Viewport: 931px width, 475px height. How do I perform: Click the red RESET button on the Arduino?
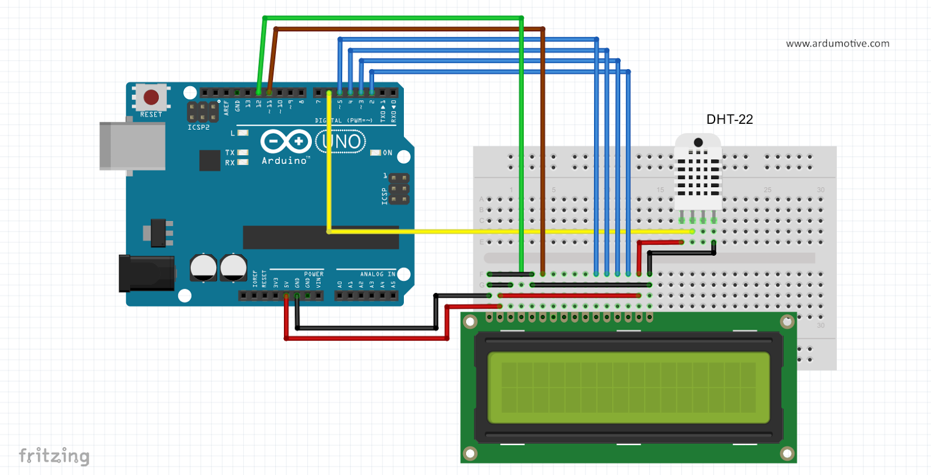pos(151,97)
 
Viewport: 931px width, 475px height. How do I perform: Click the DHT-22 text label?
pos(729,119)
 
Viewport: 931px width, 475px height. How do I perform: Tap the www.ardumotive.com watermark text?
pos(837,44)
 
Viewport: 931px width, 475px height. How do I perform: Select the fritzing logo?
pos(54,456)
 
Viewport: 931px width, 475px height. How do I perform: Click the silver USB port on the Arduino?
pos(132,146)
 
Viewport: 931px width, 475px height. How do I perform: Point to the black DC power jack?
pos(146,273)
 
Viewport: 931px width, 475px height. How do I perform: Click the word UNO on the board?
pos(341,141)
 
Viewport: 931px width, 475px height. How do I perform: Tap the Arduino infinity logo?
pos(285,141)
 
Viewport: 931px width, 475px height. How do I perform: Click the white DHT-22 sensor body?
pos(698,174)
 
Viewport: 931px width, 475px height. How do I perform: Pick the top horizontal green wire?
pos(393,18)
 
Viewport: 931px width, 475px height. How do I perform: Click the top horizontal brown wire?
pos(407,28)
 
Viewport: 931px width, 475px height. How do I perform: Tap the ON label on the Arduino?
pos(388,153)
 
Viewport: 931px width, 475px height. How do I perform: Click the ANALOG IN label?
pos(377,274)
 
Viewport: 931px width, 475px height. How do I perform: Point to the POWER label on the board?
pos(314,274)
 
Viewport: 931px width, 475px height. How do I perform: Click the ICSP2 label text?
pos(198,127)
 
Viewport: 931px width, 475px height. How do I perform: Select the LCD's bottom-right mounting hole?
pos(787,453)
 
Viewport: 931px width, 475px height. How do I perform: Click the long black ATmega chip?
pos(321,238)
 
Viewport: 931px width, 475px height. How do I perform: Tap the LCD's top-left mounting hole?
pos(470,322)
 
